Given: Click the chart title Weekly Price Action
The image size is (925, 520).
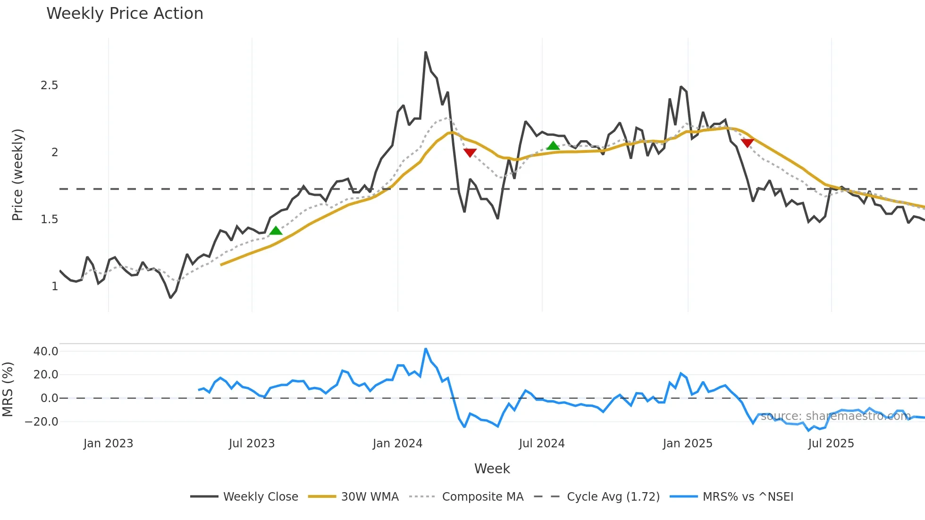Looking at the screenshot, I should tap(125, 14).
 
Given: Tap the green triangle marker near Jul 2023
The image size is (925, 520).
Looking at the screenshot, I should tap(276, 231).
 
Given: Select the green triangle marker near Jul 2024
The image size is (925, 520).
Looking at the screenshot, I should tap(553, 146).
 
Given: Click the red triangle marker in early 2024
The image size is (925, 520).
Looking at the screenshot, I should tap(470, 152).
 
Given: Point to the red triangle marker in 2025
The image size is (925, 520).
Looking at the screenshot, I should tap(748, 143).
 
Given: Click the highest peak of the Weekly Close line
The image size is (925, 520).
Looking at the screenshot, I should tap(426, 52).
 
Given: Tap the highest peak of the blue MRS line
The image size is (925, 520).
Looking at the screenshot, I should tap(426, 349).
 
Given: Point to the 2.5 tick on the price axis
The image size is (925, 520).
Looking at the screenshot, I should tap(50, 85).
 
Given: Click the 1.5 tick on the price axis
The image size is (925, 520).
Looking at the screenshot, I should tap(50, 219).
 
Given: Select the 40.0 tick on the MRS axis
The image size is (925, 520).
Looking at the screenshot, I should tap(46, 352).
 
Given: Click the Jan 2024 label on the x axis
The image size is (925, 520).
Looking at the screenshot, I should tap(397, 444).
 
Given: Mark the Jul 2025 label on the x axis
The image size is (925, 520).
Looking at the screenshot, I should tap(831, 444).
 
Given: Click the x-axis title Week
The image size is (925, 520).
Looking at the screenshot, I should tap(492, 469).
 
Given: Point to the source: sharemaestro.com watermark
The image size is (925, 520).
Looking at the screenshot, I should tap(835, 416).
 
